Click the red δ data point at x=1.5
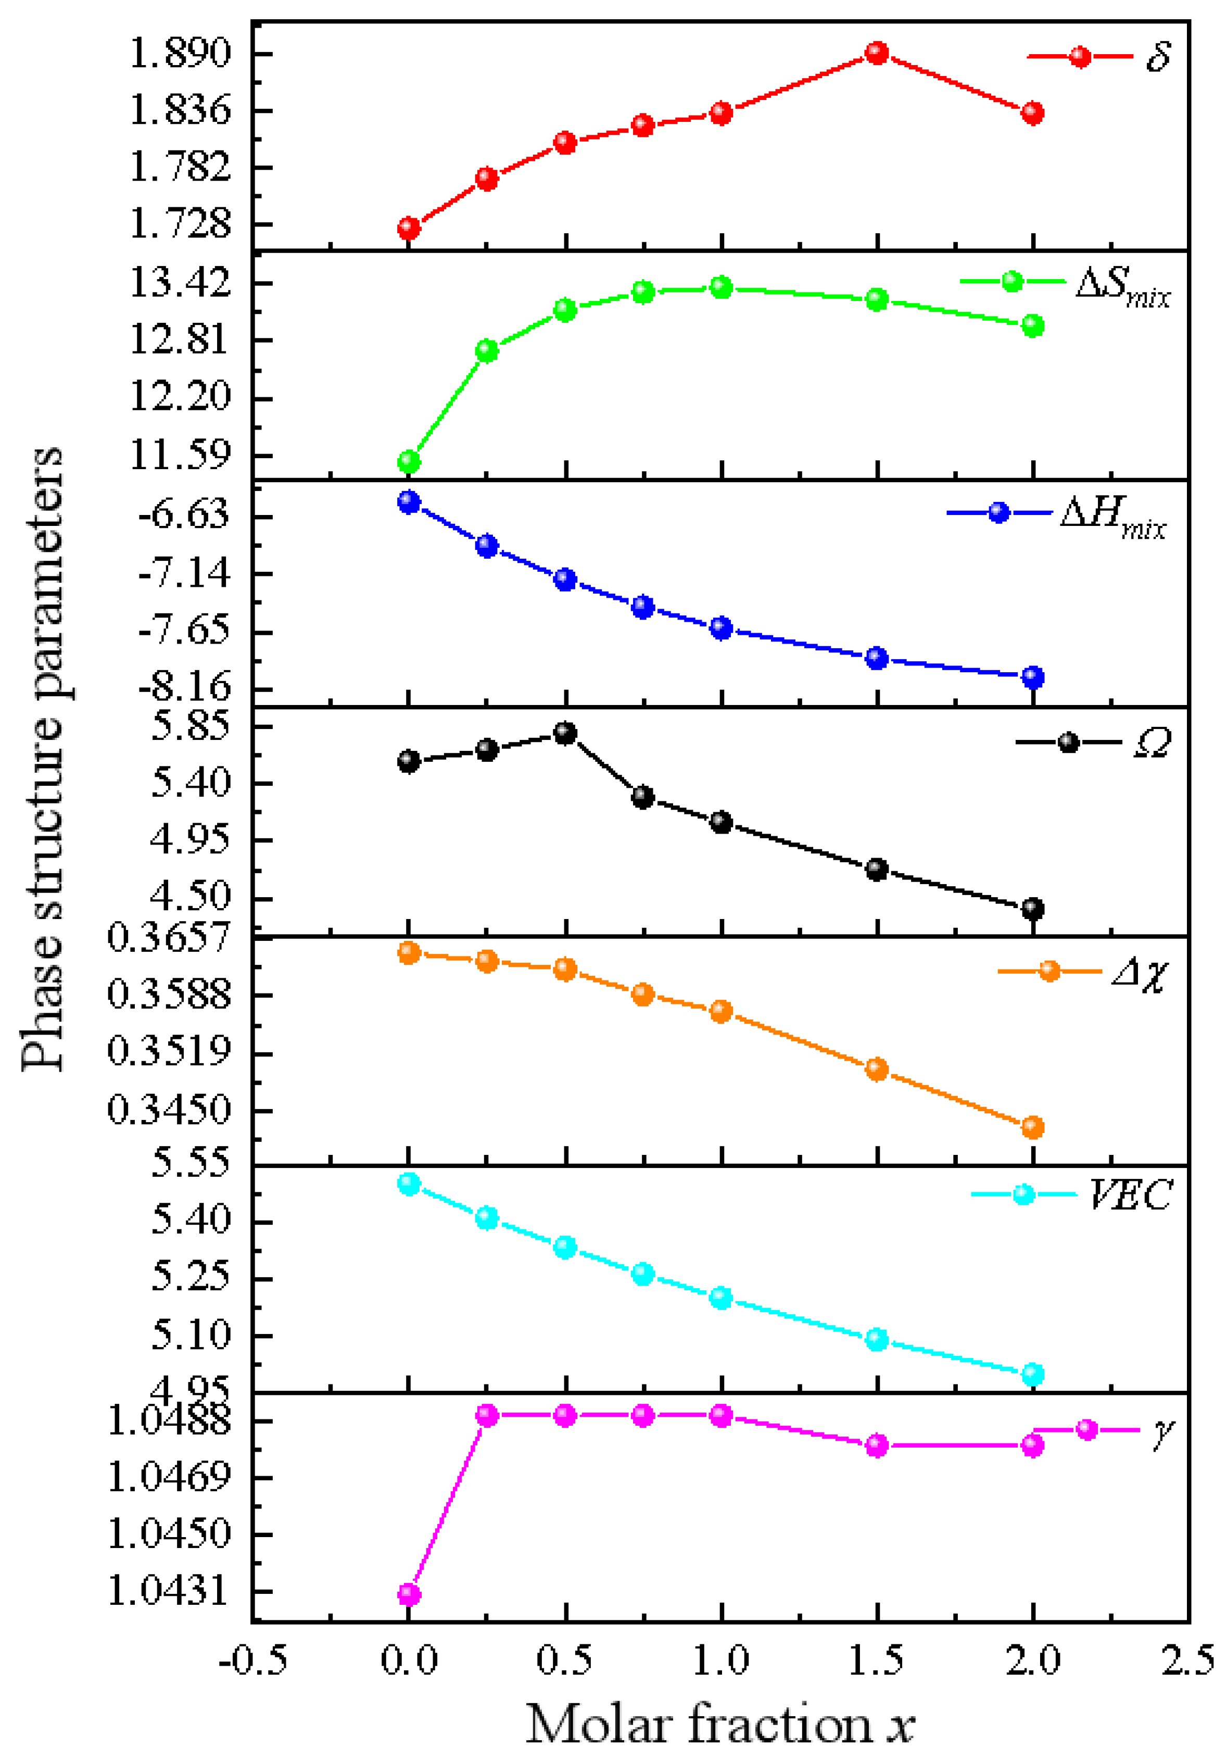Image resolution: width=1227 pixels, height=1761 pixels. coord(877,53)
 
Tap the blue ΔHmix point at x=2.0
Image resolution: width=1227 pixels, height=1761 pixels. coord(1033,677)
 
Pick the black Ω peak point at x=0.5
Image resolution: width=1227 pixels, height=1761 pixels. coord(565,733)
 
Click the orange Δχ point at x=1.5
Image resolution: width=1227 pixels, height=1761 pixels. coord(877,1069)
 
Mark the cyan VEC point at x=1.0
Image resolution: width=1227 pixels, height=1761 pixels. coord(721,1298)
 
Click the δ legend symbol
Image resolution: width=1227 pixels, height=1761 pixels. coord(1080,57)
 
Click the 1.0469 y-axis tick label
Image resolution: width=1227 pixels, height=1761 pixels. coord(169,1477)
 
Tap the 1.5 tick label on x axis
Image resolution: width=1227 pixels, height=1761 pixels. coord(877,1661)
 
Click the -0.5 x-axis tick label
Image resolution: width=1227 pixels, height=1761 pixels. coord(253,1661)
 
